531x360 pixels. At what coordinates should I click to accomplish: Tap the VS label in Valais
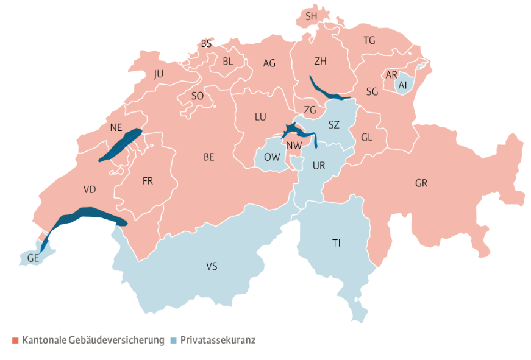212,266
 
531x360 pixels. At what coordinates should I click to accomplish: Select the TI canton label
337,243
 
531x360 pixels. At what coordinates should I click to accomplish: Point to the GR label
421,183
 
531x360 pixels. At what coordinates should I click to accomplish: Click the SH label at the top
312,16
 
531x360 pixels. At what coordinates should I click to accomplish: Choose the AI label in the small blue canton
402,85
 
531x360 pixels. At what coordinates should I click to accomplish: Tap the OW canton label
272,157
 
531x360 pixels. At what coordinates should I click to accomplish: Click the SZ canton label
333,125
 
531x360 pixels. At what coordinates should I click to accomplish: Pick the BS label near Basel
207,44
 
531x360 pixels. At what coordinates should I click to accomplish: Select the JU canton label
159,74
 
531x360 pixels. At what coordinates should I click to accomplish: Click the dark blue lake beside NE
121,145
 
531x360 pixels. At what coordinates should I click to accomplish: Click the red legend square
15,340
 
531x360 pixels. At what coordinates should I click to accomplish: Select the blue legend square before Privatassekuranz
174,340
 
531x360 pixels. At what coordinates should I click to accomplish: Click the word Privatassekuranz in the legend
218,340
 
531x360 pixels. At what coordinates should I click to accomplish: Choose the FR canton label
148,181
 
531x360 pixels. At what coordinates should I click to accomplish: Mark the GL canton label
366,137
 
